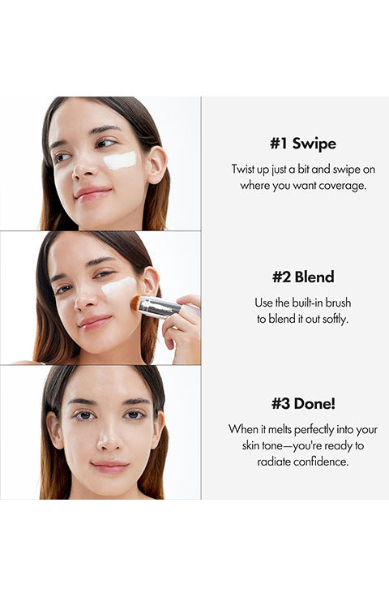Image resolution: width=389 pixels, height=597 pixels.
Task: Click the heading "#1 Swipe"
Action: pyautogui.click(x=303, y=144)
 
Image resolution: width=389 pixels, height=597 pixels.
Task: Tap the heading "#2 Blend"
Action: pyautogui.click(x=303, y=277)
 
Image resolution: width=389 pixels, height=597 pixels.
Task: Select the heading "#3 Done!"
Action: pyautogui.click(x=303, y=404)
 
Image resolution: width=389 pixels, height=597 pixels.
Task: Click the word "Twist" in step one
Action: pyautogui.click(x=243, y=169)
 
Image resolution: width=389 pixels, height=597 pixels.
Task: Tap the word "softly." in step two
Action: pyautogui.click(x=336, y=319)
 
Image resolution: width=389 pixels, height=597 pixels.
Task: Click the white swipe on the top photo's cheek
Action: pyautogui.click(x=120, y=161)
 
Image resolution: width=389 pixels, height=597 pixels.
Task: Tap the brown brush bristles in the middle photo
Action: pyautogui.click(x=136, y=303)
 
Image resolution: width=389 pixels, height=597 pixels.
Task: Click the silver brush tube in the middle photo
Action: pyautogui.click(x=160, y=307)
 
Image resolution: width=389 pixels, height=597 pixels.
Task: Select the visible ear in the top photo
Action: pyautogui.click(x=156, y=165)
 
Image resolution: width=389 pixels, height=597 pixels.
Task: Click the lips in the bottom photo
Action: pyautogui.click(x=109, y=466)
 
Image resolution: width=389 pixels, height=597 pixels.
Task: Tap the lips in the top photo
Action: pyautogui.click(x=92, y=193)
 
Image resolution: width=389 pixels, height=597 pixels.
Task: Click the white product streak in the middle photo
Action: pyautogui.click(x=119, y=286)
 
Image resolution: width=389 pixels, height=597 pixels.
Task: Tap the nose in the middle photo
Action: pyautogui.click(x=86, y=301)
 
